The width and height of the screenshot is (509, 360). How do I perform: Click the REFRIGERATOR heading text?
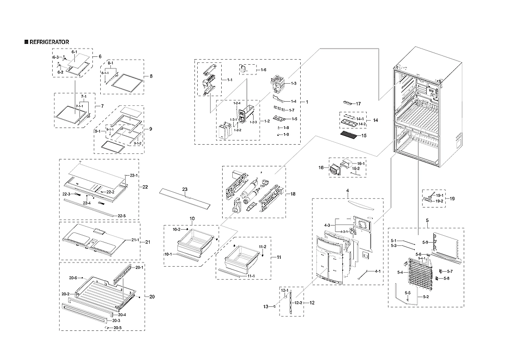pos(49,42)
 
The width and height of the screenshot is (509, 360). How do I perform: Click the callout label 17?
pos(358,104)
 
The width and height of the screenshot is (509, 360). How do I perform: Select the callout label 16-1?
pos(360,164)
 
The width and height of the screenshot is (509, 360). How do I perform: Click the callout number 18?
pos(292,194)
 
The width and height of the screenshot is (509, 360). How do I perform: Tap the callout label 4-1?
pos(377,271)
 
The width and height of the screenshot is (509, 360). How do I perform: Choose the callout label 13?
pos(266,306)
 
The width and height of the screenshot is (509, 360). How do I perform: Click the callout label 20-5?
pos(117,328)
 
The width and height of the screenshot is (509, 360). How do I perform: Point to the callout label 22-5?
pos(121,216)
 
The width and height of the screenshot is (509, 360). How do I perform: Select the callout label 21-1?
pos(135,240)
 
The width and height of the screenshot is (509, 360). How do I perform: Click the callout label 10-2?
pos(177,229)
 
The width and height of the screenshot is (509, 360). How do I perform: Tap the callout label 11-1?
pos(251,276)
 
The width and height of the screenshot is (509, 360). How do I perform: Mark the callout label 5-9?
pos(425,242)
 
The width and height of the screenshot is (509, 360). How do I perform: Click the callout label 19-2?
pos(439,201)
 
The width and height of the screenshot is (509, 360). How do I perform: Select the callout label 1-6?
pos(263,70)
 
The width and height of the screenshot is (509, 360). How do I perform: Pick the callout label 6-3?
pos(55,57)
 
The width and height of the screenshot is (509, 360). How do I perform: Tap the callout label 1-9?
pos(286,134)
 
